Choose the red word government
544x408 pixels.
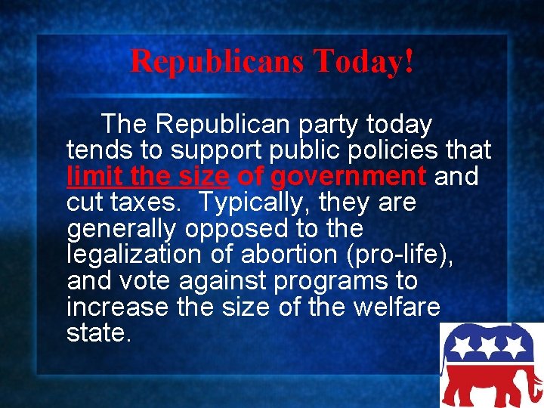348,177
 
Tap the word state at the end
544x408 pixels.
99,333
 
